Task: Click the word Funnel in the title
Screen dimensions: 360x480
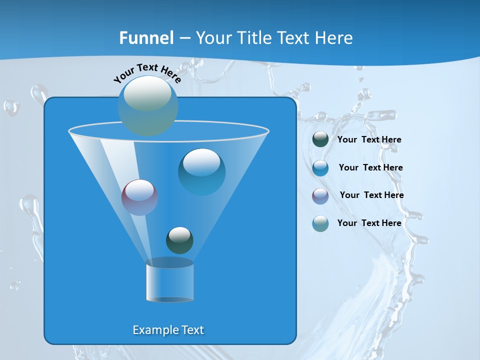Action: pyautogui.click(x=146, y=38)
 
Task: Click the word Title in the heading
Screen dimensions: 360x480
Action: pyautogui.click(x=254, y=38)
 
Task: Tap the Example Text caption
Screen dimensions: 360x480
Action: pyautogui.click(x=168, y=330)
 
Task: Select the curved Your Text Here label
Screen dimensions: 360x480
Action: pyautogui.click(x=147, y=73)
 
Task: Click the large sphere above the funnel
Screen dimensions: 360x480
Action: pyautogui.click(x=148, y=105)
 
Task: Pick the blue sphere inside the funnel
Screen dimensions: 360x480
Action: pyautogui.click(x=201, y=171)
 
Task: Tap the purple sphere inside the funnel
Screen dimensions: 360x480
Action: pyautogui.click(x=140, y=197)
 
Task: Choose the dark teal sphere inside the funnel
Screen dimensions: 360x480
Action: pyautogui.click(x=179, y=240)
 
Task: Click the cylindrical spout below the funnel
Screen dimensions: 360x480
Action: pyautogui.click(x=170, y=281)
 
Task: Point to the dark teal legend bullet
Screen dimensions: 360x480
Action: pyautogui.click(x=320, y=139)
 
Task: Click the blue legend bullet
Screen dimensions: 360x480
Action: pyautogui.click(x=320, y=168)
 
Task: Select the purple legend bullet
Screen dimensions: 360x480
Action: pyautogui.click(x=320, y=195)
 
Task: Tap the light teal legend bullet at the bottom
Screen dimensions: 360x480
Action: pyautogui.click(x=320, y=223)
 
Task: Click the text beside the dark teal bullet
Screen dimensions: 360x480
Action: pyautogui.click(x=369, y=140)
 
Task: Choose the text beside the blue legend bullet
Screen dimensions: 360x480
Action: pyautogui.click(x=370, y=168)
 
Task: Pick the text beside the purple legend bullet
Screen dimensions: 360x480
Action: pyautogui.click(x=371, y=195)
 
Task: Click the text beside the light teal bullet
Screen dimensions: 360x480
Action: pyautogui.click(x=369, y=223)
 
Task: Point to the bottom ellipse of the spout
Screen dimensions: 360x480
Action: pyautogui.click(x=170, y=299)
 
